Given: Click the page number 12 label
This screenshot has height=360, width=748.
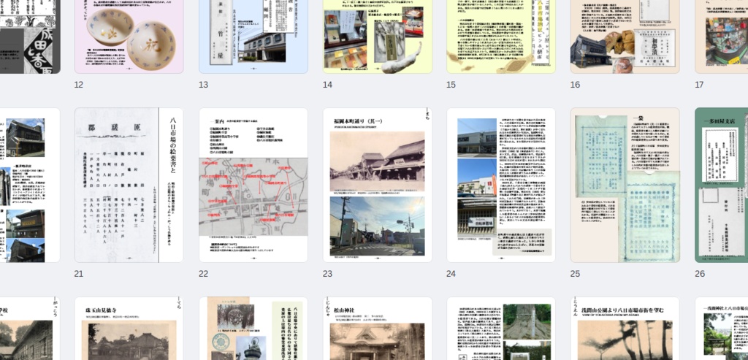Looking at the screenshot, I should pyautogui.click(x=79, y=85).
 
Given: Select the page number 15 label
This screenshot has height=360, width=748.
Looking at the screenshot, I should pyautogui.click(x=451, y=85).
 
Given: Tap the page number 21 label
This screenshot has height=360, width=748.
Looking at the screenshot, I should pyautogui.click(x=79, y=274).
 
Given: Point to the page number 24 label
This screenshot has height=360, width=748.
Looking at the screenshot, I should pyautogui.click(x=451, y=274).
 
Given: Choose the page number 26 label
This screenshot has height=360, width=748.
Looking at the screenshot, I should pyautogui.click(x=700, y=274).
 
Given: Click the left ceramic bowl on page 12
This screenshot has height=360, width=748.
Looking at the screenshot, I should pyautogui.click(x=109, y=28).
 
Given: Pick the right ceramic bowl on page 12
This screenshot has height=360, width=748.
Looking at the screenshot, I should pyautogui.click(x=151, y=45).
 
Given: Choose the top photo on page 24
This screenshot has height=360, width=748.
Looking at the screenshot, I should pyautogui.click(x=477, y=137).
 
